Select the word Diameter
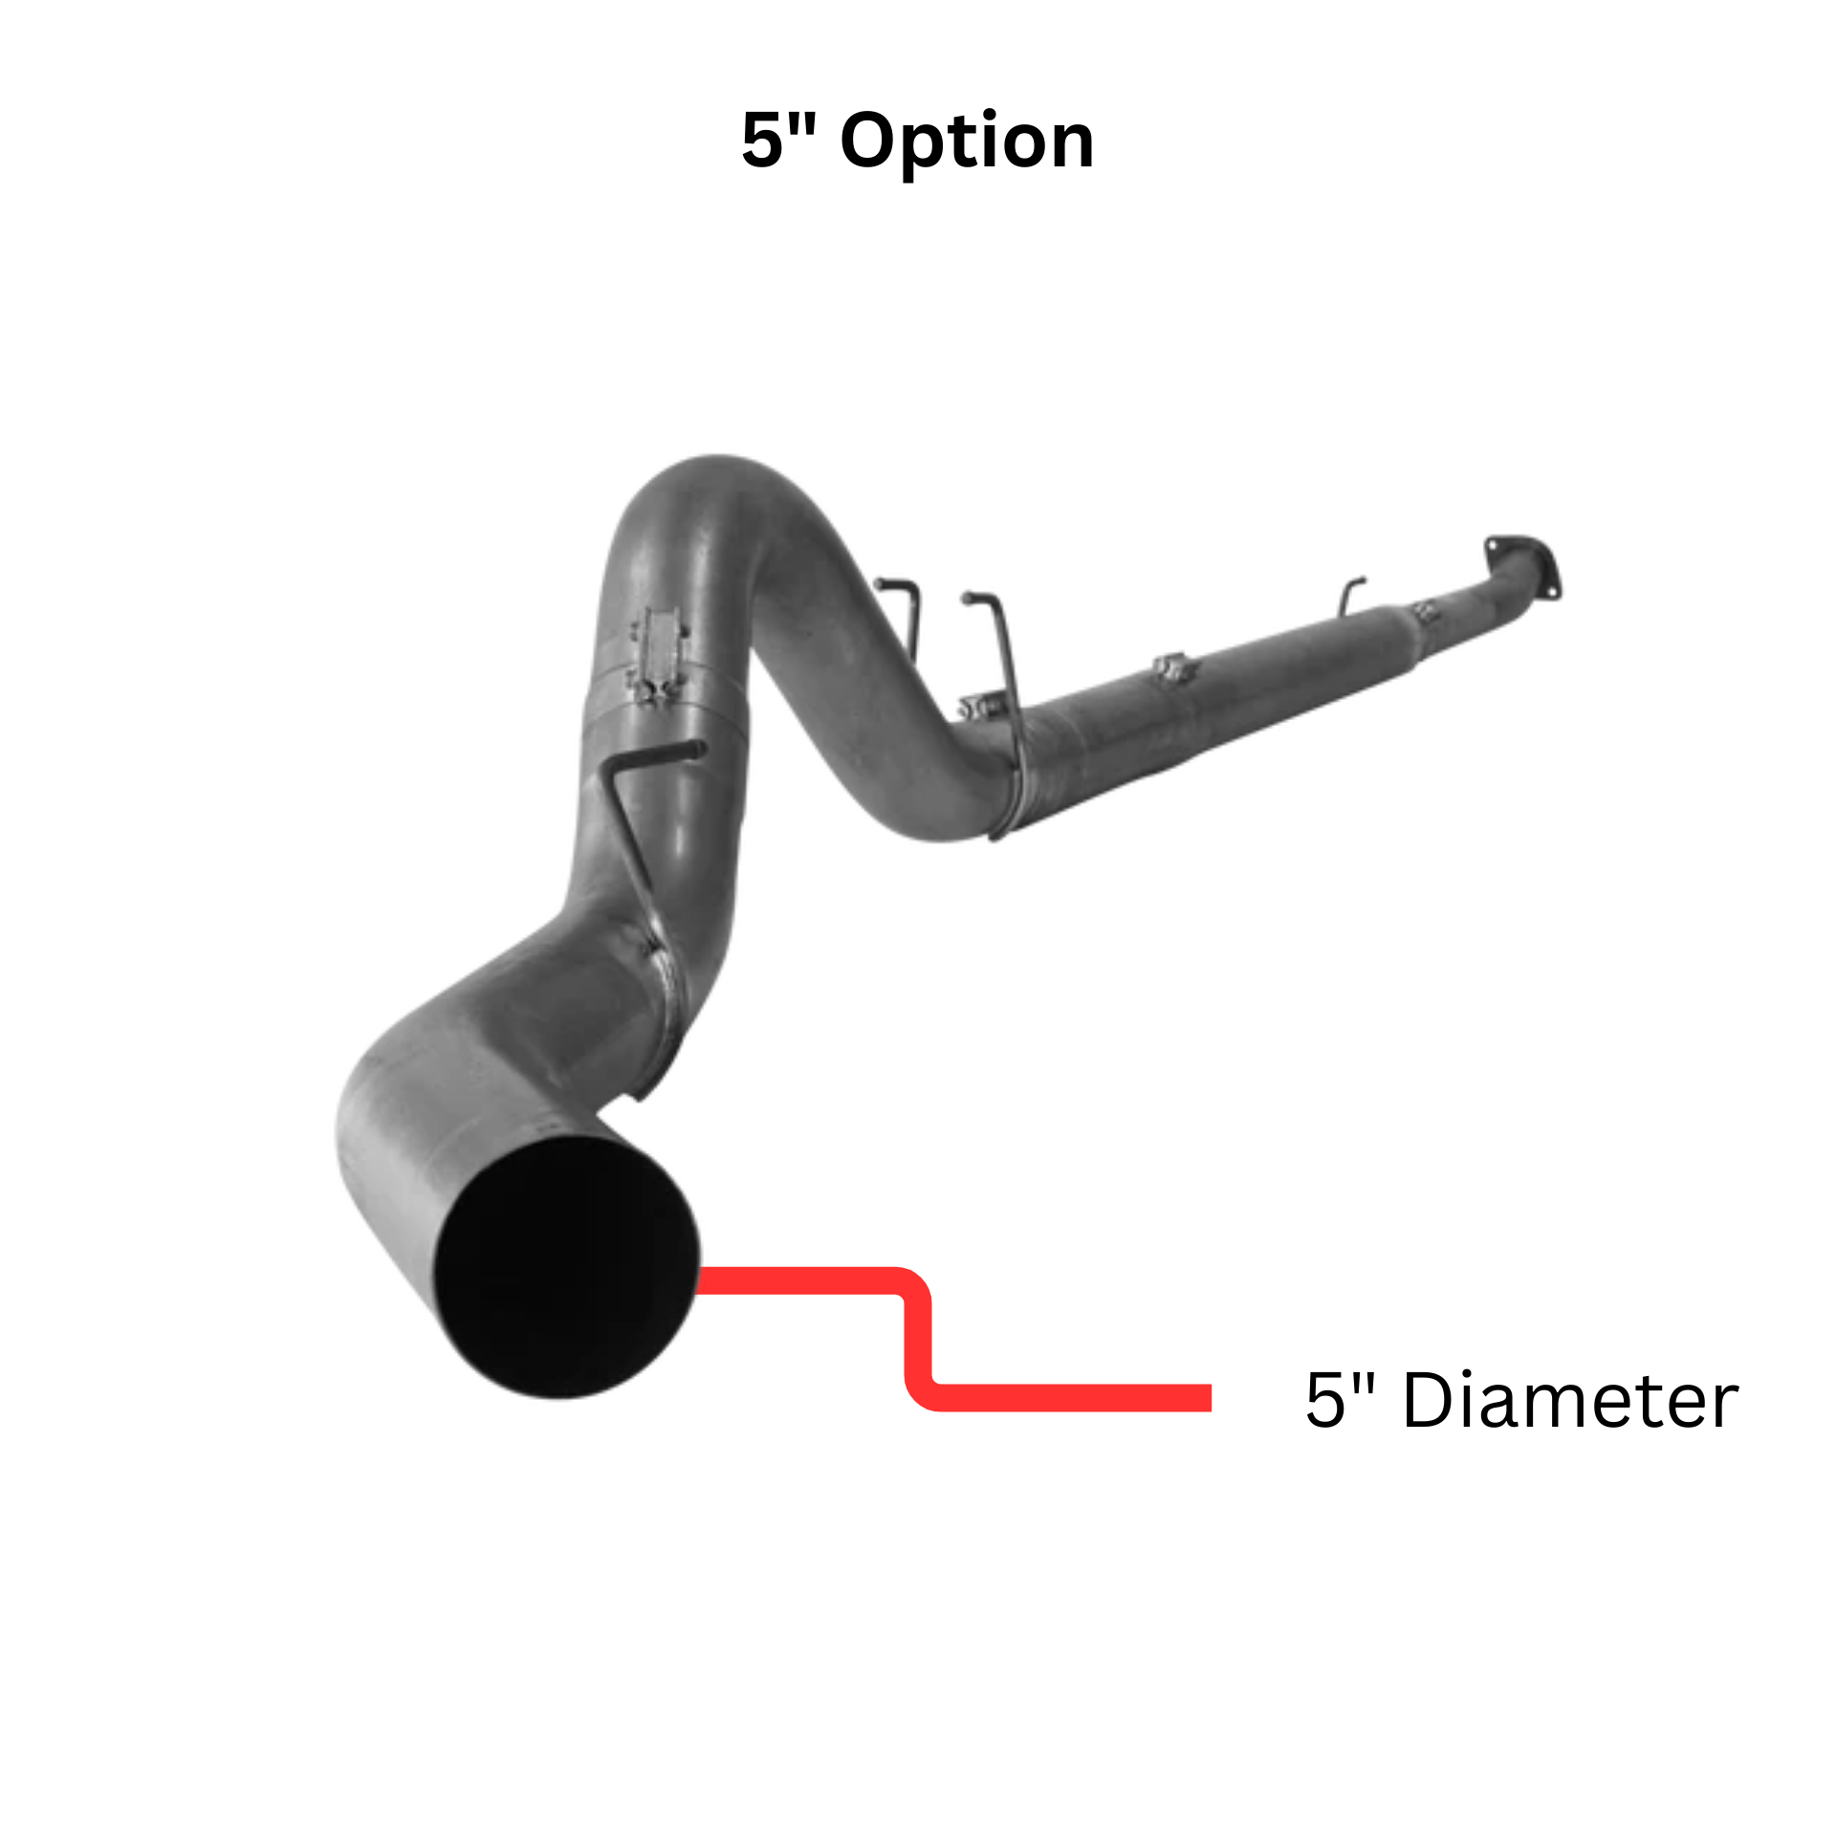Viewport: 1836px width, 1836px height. click(x=1569, y=1401)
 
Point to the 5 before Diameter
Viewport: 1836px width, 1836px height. click(x=1325, y=1400)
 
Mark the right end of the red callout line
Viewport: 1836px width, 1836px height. click(x=1207, y=1397)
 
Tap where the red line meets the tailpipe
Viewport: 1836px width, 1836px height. click(x=703, y=1280)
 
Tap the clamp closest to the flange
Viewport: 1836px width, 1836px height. click(x=1425, y=611)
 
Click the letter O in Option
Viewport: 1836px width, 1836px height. click(x=871, y=142)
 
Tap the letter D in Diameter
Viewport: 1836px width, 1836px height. click(x=1430, y=1401)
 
